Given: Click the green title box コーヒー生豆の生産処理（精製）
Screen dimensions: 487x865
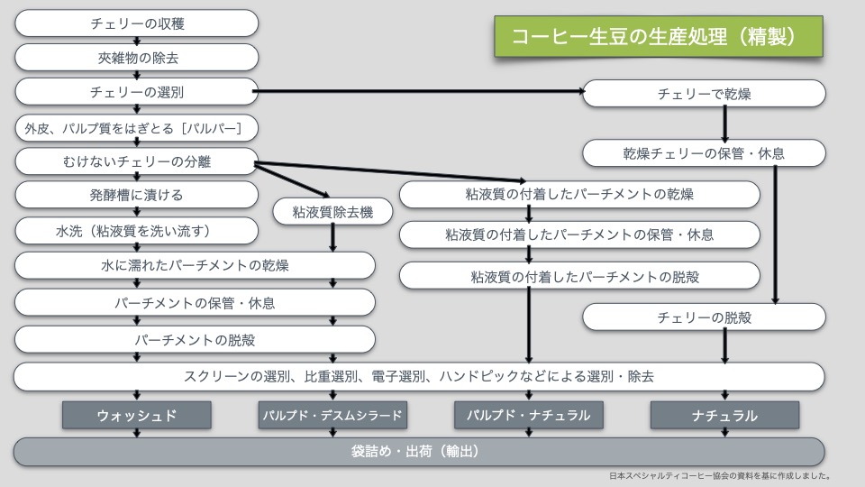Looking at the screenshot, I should (658, 36).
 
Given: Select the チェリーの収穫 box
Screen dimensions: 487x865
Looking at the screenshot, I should (137, 23).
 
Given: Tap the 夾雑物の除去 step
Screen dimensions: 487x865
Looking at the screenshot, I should (137, 57).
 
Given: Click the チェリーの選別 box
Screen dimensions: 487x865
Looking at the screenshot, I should (137, 92).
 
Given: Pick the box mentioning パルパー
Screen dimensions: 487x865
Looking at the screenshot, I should (137, 127).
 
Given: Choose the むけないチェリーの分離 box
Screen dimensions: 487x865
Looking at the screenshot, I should (137, 161).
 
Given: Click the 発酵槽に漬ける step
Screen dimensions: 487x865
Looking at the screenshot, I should (137, 196).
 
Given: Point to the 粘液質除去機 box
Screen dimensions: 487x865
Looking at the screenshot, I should (333, 212).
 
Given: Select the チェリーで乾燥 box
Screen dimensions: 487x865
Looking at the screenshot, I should (704, 93).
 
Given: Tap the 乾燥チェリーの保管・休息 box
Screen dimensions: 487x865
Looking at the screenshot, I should (704, 153).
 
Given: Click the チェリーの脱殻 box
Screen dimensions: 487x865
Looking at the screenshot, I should (704, 317).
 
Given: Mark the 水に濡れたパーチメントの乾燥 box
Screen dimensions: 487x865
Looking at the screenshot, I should (195, 265).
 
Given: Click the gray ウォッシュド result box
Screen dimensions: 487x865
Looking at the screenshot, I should (137, 415).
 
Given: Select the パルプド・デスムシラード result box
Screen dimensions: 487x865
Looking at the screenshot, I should (333, 415).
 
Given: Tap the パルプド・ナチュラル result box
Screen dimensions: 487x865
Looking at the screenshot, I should (529, 415).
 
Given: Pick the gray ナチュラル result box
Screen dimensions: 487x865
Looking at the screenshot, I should (724, 415).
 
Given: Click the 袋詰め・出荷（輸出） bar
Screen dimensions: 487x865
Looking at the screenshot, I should (419, 451).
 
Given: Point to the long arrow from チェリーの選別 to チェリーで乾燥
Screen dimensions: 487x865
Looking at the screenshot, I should (419, 91).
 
